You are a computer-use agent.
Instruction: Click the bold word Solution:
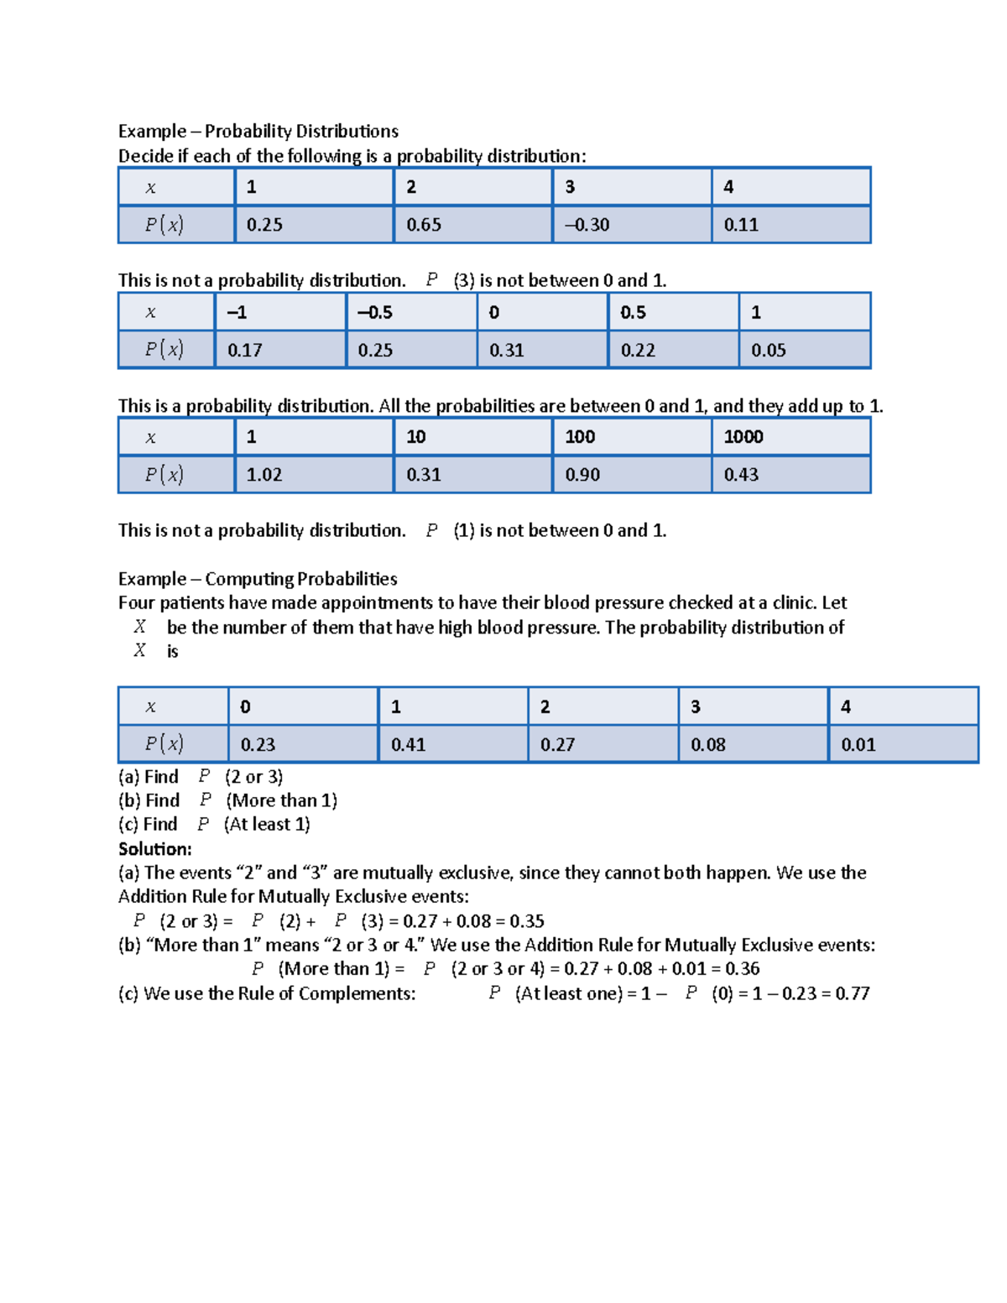point(155,849)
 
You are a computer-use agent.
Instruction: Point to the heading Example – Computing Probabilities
point(258,579)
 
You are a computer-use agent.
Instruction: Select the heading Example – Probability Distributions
point(258,131)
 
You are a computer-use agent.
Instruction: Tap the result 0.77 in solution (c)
point(852,993)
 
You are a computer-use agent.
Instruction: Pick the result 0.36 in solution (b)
point(742,969)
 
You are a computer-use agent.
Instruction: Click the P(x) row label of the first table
point(164,225)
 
